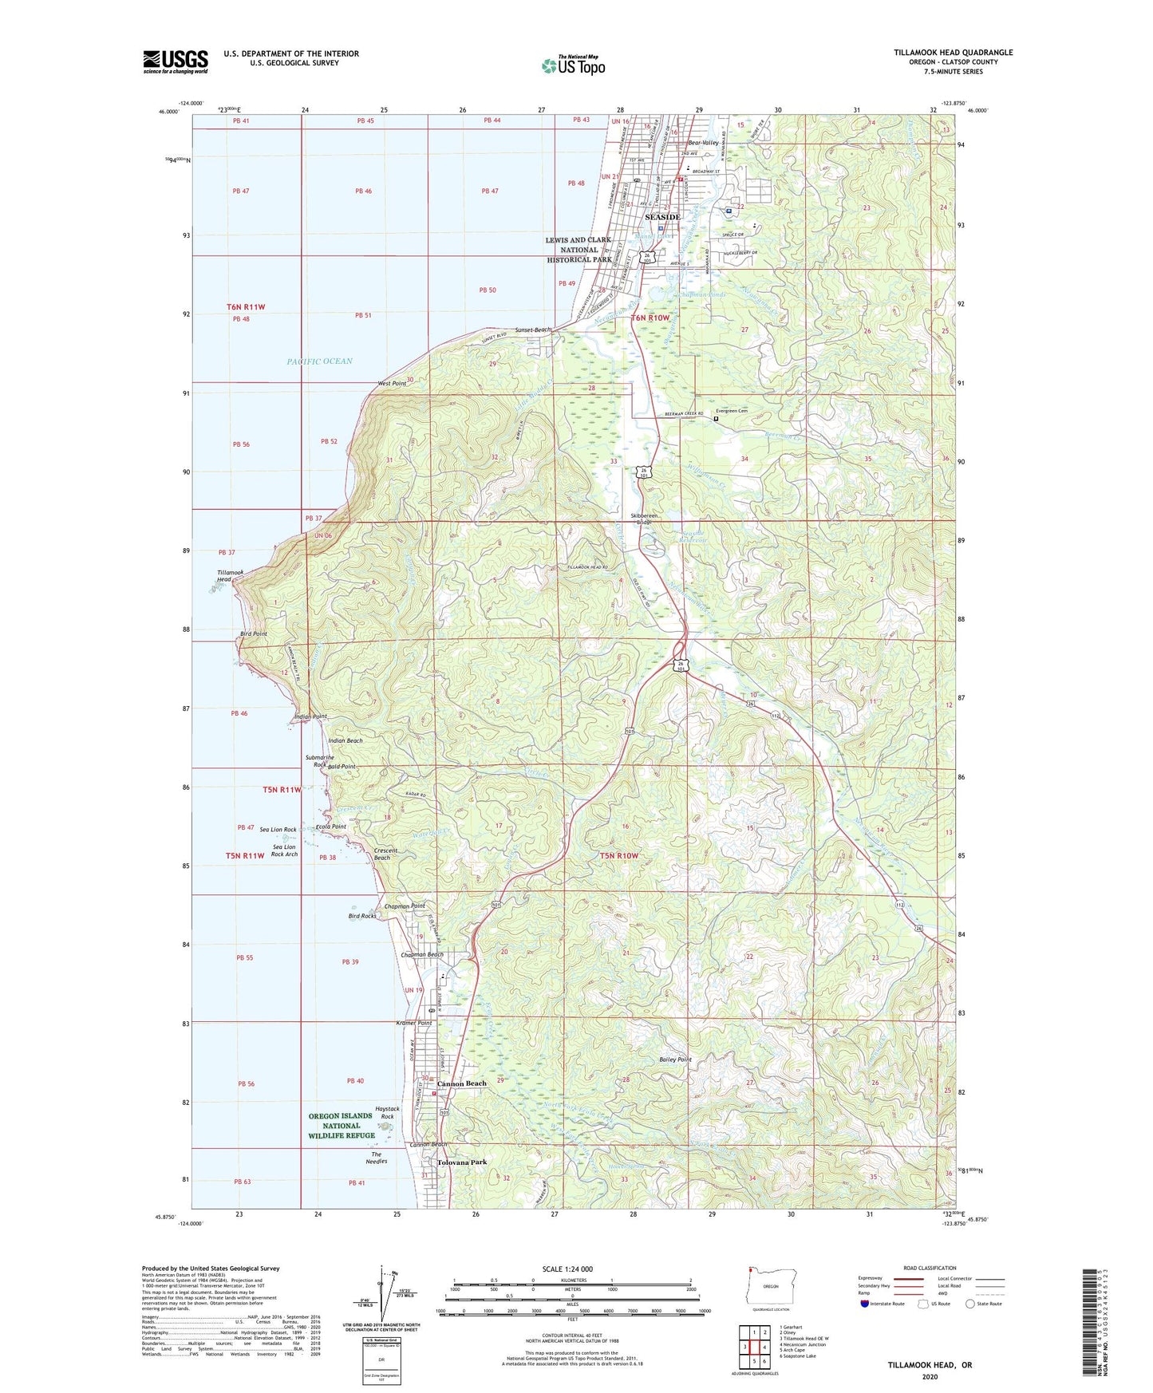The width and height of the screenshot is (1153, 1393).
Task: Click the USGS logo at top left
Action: point(175,61)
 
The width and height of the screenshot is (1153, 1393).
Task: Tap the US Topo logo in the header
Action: point(572,65)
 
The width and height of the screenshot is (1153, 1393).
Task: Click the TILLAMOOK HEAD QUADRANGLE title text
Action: point(953,53)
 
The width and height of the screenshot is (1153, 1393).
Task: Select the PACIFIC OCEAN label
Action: point(319,361)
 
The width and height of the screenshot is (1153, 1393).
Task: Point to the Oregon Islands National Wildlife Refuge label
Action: point(342,1126)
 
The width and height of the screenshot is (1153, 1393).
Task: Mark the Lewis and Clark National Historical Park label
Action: point(578,249)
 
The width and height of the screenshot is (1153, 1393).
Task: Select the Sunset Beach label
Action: point(532,330)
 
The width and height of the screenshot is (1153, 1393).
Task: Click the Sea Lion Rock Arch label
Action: point(285,850)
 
